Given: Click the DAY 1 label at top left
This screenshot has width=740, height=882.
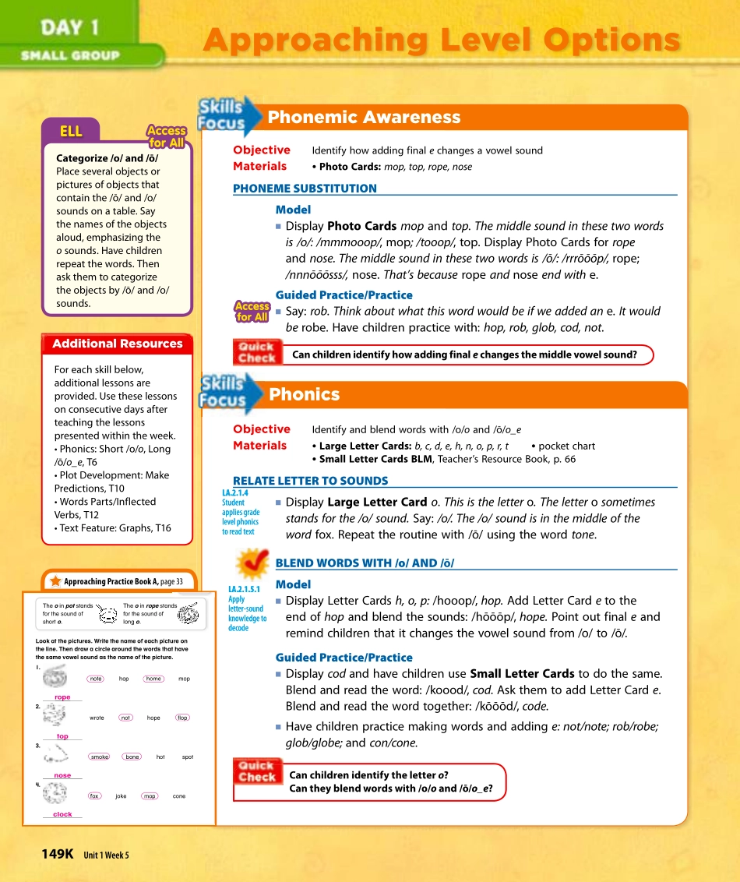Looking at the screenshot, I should pos(69,28).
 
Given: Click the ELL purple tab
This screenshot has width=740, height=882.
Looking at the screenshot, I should pos(71,131).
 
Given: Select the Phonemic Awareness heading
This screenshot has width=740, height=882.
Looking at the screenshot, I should pos(364,118).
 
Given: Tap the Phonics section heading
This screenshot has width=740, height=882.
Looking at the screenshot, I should pos(304,394).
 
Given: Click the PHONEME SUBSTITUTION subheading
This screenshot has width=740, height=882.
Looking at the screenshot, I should pos(305,189).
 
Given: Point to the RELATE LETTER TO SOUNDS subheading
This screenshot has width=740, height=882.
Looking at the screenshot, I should pos(310,481).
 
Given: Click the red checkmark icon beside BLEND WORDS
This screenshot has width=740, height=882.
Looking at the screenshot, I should pos(252,563).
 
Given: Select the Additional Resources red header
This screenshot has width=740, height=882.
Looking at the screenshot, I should pos(117,344).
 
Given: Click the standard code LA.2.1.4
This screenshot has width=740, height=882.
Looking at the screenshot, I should pos(234,492).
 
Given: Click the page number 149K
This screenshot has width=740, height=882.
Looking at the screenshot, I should pos(57,854).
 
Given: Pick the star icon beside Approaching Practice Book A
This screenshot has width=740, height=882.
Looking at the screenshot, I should pos(55,581).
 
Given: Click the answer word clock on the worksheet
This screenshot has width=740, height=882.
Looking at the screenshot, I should pos(62,814).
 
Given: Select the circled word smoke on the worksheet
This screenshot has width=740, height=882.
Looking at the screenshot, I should pos(100,757).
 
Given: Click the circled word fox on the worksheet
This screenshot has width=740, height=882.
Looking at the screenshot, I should pos(94,796).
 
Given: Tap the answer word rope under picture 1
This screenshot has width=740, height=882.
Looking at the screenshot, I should pos(62,697).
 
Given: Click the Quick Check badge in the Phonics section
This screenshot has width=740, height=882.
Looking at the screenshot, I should pos(256,771).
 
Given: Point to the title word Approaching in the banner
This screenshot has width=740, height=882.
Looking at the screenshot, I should pos(315,40).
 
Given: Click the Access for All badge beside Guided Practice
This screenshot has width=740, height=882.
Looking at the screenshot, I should pos(252,312).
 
